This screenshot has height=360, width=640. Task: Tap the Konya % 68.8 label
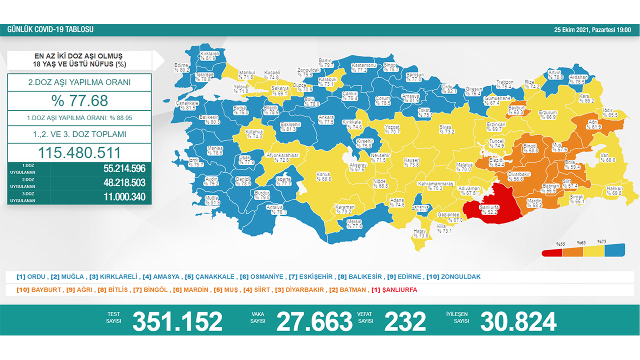coord(323,176)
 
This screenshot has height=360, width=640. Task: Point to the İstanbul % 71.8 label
coord(247,75)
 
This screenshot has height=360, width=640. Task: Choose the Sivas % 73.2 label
coord(446,129)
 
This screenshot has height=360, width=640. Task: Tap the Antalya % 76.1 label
coord(275,209)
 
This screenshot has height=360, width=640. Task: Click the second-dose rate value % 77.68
coord(79,101)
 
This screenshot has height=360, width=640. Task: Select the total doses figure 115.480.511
coord(79,152)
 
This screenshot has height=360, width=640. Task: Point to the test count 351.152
coord(177,321)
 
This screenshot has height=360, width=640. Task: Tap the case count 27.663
coord(314,321)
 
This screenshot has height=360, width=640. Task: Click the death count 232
coord(405,321)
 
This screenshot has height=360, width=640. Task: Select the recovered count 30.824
coord(518,321)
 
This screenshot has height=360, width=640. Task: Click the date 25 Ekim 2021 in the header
coord(572,30)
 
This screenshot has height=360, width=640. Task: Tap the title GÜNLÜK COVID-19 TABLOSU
coord(50,30)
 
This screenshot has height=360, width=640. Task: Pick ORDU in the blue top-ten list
coord(37,276)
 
